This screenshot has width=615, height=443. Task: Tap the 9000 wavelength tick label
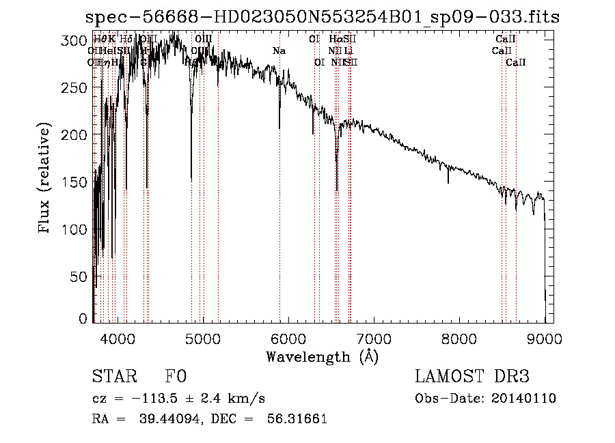pos(545,338)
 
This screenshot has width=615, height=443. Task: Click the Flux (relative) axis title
pos(46,180)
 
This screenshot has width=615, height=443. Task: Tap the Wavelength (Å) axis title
pos(322,356)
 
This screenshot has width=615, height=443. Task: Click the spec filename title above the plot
pos(322,17)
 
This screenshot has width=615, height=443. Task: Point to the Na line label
pos(279,51)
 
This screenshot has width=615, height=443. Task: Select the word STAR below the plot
pos(114,377)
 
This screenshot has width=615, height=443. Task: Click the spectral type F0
pos(176,377)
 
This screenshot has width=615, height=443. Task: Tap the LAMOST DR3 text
pos(471,377)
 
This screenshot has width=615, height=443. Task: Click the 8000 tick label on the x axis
pos(459,338)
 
